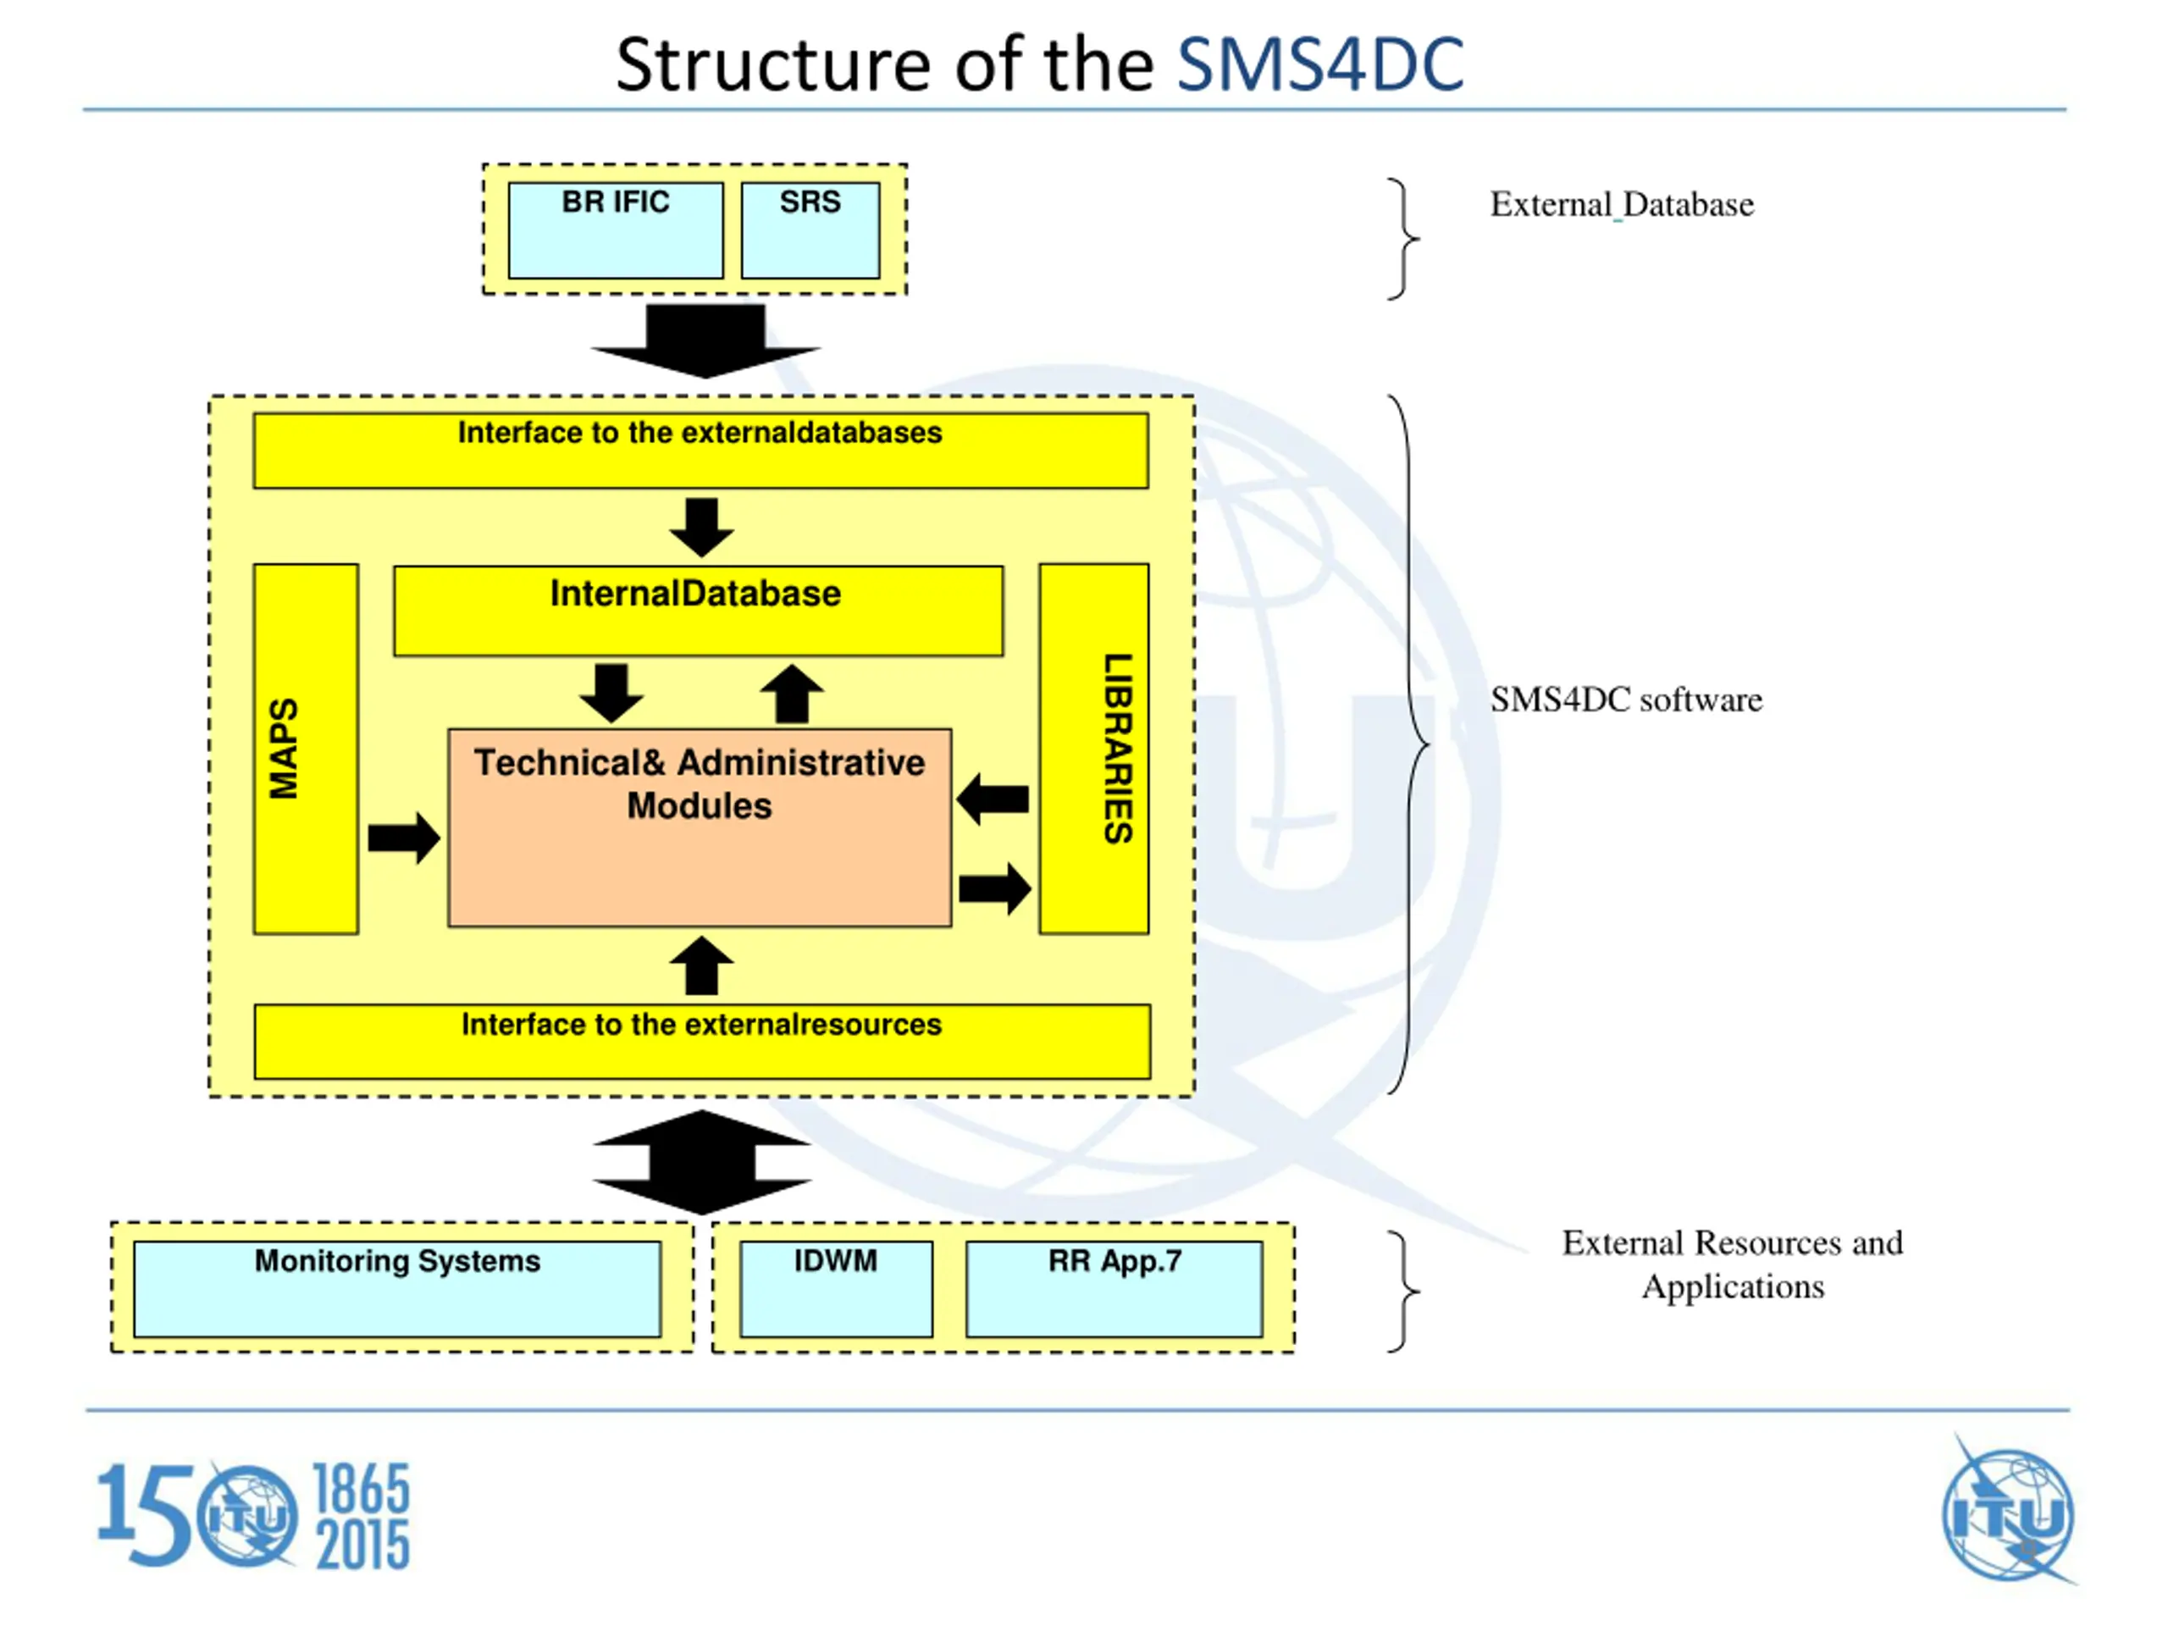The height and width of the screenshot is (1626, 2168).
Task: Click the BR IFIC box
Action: pyautogui.click(x=616, y=230)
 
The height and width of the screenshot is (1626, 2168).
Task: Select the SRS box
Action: pyautogui.click(x=810, y=230)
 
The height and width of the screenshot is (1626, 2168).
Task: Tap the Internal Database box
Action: pyautogui.click(x=698, y=611)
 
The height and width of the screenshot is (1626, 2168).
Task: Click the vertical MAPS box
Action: pyautogui.click(x=306, y=749)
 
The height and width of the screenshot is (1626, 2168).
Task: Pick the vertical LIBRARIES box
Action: pyautogui.click(x=1094, y=749)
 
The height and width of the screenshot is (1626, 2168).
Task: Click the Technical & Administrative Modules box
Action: pyautogui.click(x=700, y=827)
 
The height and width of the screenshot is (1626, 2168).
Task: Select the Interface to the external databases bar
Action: pyautogui.click(x=700, y=451)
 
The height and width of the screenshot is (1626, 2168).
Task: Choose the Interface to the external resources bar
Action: pyautogui.click(x=702, y=1042)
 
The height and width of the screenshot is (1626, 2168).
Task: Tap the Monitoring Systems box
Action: pyautogui.click(x=397, y=1289)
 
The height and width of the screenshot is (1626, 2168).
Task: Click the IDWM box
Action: pyautogui.click(x=836, y=1289)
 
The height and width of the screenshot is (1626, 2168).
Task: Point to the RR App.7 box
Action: pyautogui.click(x=1114, y=1289)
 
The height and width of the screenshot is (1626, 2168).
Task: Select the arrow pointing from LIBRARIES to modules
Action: pyautogui.click(x=992, y=799)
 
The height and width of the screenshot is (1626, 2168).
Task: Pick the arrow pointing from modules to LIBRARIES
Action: pyautogui.click(x=995, y=889)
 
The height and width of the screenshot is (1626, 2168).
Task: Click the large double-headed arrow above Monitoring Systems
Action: pyautogui.click(x=702, y=1163)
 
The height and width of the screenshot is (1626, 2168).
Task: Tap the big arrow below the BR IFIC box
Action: pyautogui.click(x=705, y=341)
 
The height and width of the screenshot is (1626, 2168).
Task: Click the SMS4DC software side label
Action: pyautogui.click(x=1626, y=700)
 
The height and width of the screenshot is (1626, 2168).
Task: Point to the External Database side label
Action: pyautogui.click(x=1622, y=204)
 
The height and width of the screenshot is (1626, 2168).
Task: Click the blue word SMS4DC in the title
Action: pyautogui.click(x=1320, y=64)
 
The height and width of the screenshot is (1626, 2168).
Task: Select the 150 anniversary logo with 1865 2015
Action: pyautogui.click(x=254, y=1515)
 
